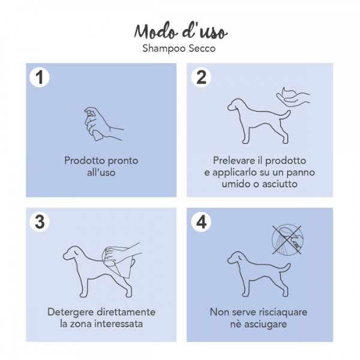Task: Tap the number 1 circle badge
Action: click(40, 77)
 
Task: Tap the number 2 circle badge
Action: click(201, 77)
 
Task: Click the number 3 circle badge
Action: click(40, 221)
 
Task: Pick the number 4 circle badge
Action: click(201, 221)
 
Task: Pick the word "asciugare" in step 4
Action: click(265, 324)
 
